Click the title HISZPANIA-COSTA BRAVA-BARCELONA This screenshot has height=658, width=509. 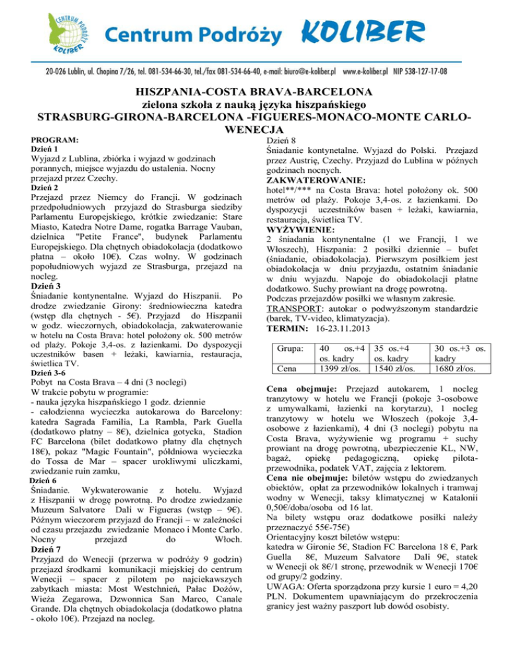coord(254,91)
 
